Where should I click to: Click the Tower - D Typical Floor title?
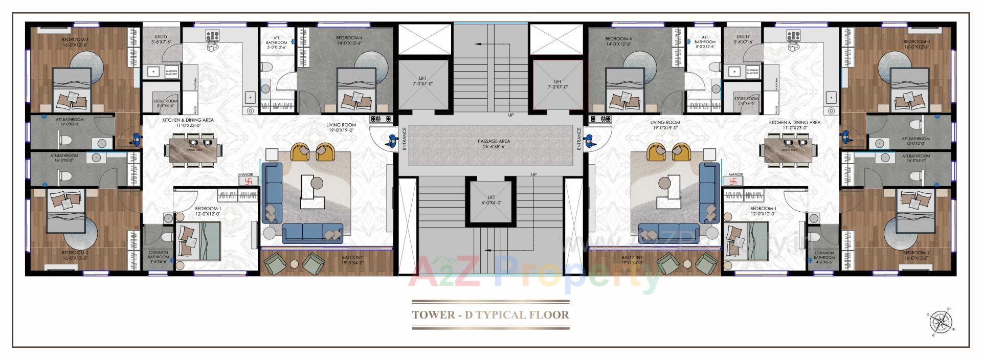pos(490,314)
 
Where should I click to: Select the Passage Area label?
pos(494,144)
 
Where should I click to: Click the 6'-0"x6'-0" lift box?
pos(491,200)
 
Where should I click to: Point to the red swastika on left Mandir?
pos(249,181)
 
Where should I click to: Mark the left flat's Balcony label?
pos(352,260)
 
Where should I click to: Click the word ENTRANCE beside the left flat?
pos(404,138)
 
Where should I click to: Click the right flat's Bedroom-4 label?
pos(618,41)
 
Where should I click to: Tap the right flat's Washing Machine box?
pos(752,72)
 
